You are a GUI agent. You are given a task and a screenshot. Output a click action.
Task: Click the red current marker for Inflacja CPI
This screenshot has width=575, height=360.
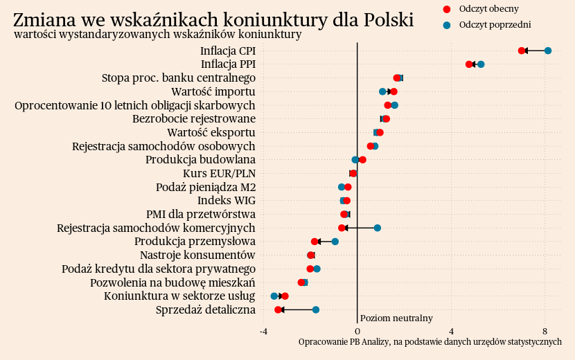click(522, 51)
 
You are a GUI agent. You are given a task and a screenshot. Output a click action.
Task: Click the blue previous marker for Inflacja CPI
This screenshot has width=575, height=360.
click(548, 51)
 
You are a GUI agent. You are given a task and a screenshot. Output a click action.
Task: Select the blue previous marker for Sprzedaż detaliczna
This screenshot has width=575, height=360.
click(316, 309)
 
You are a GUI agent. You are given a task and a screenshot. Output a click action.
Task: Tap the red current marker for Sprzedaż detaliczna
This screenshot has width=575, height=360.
click(278, 309)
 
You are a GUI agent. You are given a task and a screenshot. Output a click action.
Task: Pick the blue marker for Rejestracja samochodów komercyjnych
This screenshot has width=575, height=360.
click(378, 228)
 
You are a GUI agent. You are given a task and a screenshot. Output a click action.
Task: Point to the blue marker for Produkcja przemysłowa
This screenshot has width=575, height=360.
click(335, 242)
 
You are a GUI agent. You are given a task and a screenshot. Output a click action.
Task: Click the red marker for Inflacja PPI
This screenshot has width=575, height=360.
click(469, 64)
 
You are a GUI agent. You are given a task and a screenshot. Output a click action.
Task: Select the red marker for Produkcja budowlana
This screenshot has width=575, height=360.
click(362, 160)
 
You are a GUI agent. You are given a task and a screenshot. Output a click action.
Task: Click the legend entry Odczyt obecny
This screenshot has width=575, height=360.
click(488, 9)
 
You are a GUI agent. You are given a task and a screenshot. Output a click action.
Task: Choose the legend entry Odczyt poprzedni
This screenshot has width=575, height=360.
click(495, 24)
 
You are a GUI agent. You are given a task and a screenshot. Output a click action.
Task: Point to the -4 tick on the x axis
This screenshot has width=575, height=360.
click(264, 331)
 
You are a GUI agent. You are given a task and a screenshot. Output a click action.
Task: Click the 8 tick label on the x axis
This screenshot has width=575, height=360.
click(545, 331)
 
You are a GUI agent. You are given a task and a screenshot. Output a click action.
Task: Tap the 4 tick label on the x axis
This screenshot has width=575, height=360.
click(451, 331)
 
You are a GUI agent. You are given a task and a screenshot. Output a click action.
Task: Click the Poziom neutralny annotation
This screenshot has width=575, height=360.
click(396, 318)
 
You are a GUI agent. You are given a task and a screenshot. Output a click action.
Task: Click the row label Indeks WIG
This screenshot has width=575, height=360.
click(227, 201)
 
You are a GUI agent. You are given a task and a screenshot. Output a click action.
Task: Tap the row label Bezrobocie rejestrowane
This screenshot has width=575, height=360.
click(194, 119)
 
